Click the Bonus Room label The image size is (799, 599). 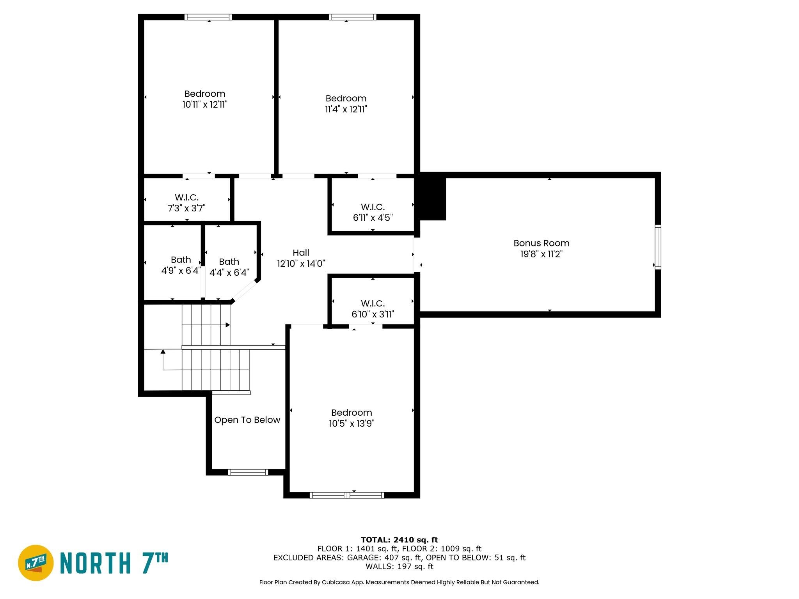click(x=541, y=243)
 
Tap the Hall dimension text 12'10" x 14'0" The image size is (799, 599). click(x=301, y=264)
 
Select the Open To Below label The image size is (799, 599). click(x=247, y=420)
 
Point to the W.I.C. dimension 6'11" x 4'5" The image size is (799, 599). click(x=373, y=218)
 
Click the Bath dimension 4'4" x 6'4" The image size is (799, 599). click(x=229, y=273)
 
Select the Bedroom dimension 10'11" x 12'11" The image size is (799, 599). click(x=205, y=105)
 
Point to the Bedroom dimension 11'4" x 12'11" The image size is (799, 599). click(x=346, y=109)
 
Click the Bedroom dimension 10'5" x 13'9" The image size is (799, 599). click(x=352, y=424)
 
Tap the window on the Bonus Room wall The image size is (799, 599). click(x=658, y=247)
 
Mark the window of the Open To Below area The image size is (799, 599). click(x=248, y=472)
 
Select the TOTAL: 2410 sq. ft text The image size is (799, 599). click(x=399, y=540)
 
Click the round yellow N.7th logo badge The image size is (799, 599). click(x=36, y=563)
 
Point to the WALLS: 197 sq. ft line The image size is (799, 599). click(x=399, y=566)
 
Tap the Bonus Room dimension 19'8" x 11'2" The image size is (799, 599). click(x=541, y=254)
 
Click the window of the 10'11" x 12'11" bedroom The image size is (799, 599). click(x=208, y=17)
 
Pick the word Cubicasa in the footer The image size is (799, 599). click(x=335, y=582)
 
